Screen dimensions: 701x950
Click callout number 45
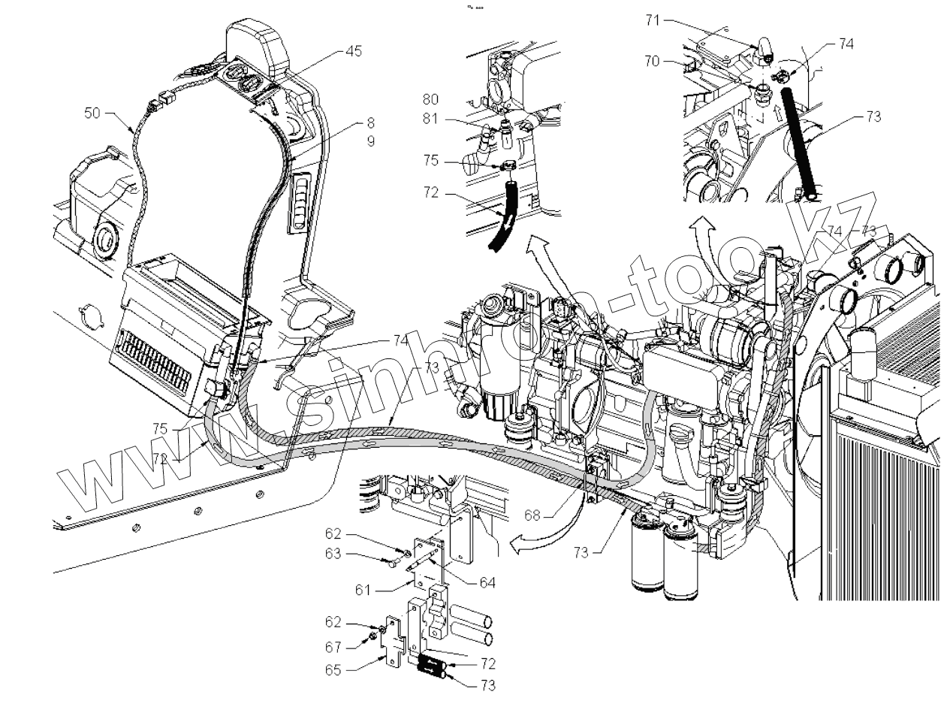pos(353,51)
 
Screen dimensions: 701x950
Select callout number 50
pos(92,112)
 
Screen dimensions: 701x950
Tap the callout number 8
pos(370,122)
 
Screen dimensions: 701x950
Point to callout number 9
pos(370,141)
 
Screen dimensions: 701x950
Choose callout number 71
pos(652,21)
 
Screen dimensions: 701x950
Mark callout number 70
pos(652,62)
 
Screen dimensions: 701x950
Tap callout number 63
pos(333,555)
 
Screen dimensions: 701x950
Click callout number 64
pos(488,582)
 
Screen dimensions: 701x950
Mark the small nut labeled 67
pos(372,639)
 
